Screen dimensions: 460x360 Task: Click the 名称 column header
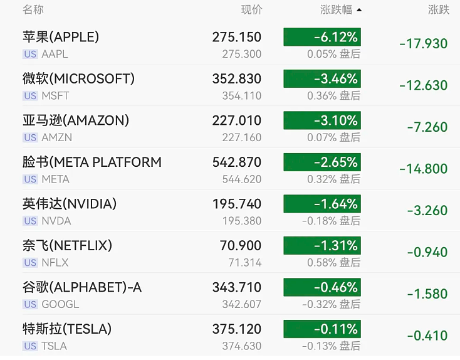click(33, 9)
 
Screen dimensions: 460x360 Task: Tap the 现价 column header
click(251, 9)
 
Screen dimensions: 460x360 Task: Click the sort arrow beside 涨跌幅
click(359, 10)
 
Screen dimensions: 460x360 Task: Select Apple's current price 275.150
click(237, 37)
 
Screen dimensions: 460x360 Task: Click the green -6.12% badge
click(322, 37)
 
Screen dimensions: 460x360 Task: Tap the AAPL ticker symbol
click(55, 54)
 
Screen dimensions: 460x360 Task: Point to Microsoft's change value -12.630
click(423, 85)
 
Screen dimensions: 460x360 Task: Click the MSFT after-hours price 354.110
click(242, 96)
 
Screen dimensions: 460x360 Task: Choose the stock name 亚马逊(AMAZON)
click(76, 120)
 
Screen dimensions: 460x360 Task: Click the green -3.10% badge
click(322, 120)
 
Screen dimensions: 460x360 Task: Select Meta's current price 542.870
click(237, 162)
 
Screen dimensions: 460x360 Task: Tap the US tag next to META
click(30, 179)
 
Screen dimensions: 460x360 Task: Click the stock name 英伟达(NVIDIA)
click(70, 204)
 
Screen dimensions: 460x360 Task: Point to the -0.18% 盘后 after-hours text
click(331, 221)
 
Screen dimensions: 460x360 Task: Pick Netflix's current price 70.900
click(241, 245)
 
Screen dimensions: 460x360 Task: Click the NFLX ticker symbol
click(55, 263)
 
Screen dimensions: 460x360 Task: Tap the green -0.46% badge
click(322, 287)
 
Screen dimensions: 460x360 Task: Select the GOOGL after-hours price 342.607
click(242, 304)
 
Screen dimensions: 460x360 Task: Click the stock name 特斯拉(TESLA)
click(67, 329)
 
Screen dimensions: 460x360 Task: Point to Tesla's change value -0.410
click(427, 336)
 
